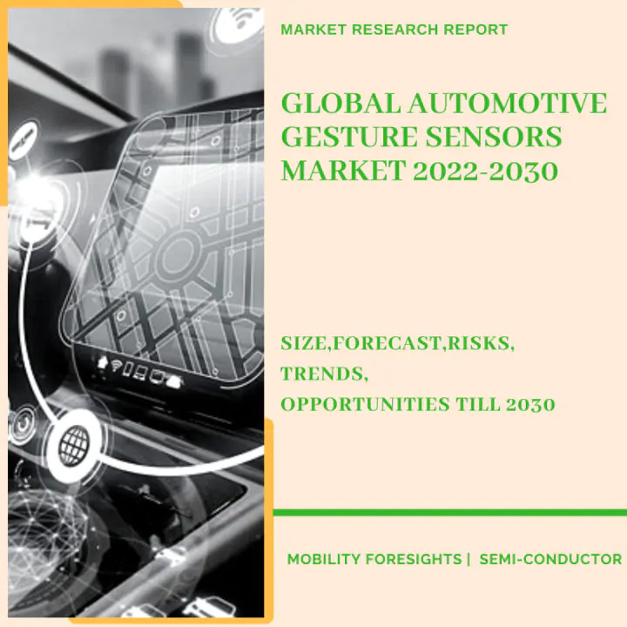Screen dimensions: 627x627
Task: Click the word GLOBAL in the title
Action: coord(341,103)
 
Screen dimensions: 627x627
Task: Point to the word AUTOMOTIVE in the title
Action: coord(508,103)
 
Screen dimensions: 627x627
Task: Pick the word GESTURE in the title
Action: coord(350,137)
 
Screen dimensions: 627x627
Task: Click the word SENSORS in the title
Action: coord(494,137)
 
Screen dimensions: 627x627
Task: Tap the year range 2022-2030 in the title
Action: coord(485,171)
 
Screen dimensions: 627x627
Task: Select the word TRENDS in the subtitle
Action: coord(324,374)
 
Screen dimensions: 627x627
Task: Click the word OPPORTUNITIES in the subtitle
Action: coord(365,404)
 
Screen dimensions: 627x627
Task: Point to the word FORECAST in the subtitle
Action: coord(388,343)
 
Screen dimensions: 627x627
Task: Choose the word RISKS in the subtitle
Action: coord(481,343)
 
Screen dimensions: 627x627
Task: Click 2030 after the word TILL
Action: coord(530,404)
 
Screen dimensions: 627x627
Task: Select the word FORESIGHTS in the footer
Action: coord(414,559)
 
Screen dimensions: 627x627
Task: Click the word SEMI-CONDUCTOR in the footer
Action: coord(550,559)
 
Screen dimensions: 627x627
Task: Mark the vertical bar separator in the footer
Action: coord(469,559)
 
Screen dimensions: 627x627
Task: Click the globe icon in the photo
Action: coord(74,445)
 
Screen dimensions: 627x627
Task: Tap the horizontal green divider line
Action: coord(450,512)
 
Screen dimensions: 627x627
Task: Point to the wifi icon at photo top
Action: coord(239,22)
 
